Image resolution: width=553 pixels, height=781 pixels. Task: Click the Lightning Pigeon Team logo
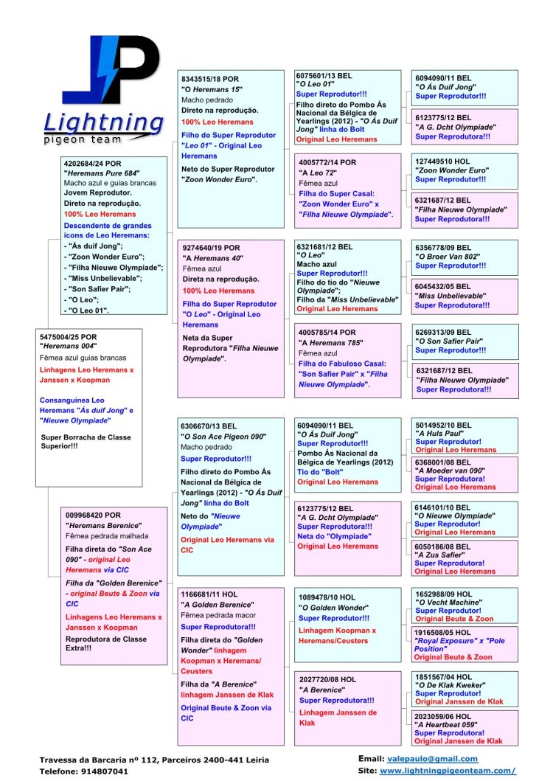(103, 91)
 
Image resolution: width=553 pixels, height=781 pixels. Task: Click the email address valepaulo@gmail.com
(432, 758)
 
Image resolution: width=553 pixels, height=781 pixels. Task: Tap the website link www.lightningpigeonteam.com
(448, 770)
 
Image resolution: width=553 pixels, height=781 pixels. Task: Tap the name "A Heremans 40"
(214, 258)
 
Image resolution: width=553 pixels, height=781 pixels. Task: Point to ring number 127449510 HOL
(442, 160)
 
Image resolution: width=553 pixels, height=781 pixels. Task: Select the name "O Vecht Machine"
(449, 602)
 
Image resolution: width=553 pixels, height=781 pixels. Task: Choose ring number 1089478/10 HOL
(327, 597)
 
